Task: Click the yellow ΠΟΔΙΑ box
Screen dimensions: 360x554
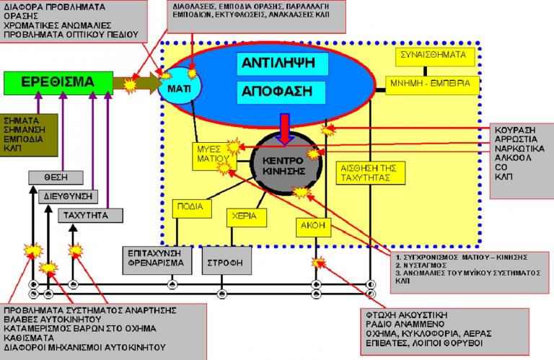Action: click(x=193, y=209)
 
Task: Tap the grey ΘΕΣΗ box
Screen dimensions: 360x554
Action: click(x=51, y=177)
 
